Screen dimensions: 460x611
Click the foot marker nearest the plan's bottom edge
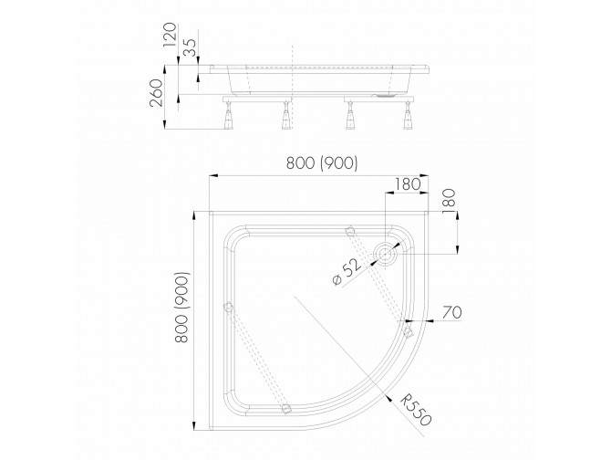pos(288,407)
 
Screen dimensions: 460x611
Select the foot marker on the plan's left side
pos(228,308)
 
